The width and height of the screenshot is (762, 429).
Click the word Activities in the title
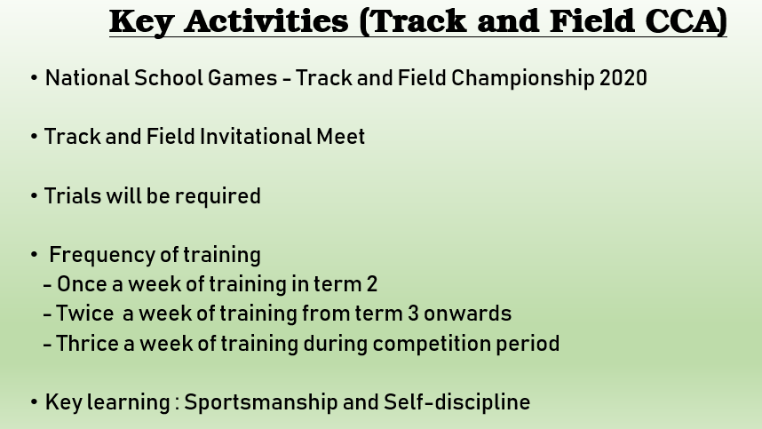(266, 21)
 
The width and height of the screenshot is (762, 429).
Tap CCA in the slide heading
(686, 21)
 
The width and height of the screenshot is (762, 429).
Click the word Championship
(522, 79)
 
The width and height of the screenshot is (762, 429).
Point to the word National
(87, 78)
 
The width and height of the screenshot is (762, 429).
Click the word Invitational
(256, 137)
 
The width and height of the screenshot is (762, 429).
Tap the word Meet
(341, 137)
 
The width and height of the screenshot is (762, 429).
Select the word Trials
(73, 196)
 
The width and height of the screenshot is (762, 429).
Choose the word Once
(82, 285)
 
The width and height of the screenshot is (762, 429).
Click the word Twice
(85, 314)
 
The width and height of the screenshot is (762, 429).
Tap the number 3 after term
(413, 314)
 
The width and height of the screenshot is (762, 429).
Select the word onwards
(467, 314)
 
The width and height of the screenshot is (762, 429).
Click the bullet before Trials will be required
(34, 196)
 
